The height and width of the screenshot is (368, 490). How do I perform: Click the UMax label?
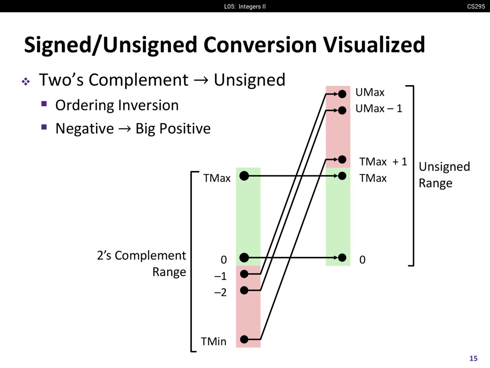[370, 92]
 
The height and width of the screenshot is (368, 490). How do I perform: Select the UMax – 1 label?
[379, 109]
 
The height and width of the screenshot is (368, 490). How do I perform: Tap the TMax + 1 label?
[383, 162]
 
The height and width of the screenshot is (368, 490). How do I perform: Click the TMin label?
[214, 341]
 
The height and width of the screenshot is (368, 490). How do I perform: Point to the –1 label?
[220, 276]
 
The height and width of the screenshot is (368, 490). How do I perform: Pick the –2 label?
[220, 292]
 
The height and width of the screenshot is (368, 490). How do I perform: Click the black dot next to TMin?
[244, 339]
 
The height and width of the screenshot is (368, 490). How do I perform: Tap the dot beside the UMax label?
[342, 94]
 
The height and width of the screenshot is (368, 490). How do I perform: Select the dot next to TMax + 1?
[342, 159]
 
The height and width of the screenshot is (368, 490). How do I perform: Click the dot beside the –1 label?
[244, 274]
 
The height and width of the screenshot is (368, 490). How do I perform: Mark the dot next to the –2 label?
[244, 290]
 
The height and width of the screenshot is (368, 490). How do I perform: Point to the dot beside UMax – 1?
[342, 110]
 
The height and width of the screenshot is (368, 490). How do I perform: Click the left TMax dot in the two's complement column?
[244, 176]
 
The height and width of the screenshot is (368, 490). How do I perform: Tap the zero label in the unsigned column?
[362, 260]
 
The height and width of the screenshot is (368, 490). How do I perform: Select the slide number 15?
[474, 358]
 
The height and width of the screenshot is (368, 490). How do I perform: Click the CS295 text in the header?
[476, 6]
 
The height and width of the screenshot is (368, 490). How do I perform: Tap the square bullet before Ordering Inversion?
[44, 104]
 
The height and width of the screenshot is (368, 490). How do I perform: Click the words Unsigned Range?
[444, 175]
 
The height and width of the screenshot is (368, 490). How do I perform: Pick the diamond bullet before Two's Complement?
[26, 81]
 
